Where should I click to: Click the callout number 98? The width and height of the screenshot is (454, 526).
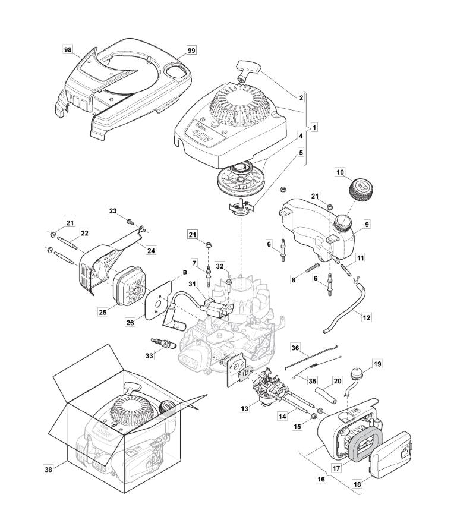click(68, 50)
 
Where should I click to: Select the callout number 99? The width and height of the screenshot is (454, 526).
click(191, 50)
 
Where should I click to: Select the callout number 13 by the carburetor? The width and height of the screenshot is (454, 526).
click(244, 408)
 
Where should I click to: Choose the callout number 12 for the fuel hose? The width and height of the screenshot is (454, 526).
click(367, 318)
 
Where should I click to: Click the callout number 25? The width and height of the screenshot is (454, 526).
click(104, 311)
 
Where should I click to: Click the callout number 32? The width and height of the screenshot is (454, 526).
click(203, 266)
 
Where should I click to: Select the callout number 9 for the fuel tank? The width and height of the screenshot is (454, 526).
click(367, 225)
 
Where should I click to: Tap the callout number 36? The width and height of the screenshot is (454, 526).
click(295, 347)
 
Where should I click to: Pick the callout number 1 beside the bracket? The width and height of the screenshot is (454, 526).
click(314, 127)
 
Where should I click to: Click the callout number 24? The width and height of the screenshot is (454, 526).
click(151, 251)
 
